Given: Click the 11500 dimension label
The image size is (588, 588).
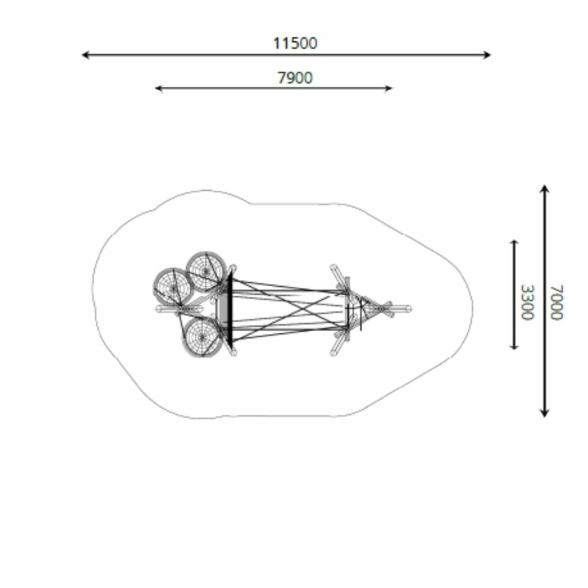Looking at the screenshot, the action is pos(295,43).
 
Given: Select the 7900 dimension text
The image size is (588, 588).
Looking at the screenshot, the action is pos(295,78).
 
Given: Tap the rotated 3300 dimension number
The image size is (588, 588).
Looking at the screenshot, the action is pos(527,302).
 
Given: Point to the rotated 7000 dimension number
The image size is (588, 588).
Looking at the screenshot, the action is pos(557,302).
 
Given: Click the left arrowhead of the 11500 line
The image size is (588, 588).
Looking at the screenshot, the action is pos(86,55).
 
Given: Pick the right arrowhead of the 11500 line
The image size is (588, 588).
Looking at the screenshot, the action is pos(487,55).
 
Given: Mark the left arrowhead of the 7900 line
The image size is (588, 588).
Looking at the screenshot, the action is pos(159,88).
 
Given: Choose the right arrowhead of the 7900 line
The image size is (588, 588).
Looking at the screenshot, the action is pos(389,88).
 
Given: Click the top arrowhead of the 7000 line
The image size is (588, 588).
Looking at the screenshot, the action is pos(544,189).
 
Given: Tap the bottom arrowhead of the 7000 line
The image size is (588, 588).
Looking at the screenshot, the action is pos(544,413).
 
